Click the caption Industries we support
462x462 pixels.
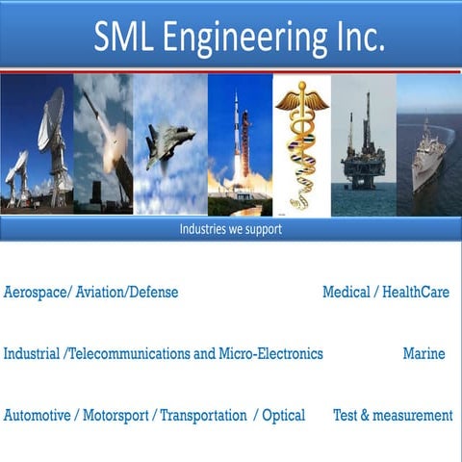[x=230, y=229]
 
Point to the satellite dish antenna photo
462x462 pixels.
[x=37, y=144]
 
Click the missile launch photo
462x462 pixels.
[x=103, y=144]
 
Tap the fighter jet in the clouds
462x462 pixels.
[x=167, y=144]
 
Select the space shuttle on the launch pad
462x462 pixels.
[x=238, y=144]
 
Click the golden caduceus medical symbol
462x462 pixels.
[x=300, y=144]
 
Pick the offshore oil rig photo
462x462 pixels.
[x=363, y=144]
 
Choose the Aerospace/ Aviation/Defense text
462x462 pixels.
[x=91, y=292]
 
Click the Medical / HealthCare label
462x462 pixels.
[x=385, y=292]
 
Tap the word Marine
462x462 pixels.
[x=423, y=353]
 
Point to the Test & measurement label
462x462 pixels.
[x=392, y=415]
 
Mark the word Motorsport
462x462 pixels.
[x=115, y=415]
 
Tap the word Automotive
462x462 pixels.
[x=37, y=415]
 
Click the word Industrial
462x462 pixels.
[x=31, y=353]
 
